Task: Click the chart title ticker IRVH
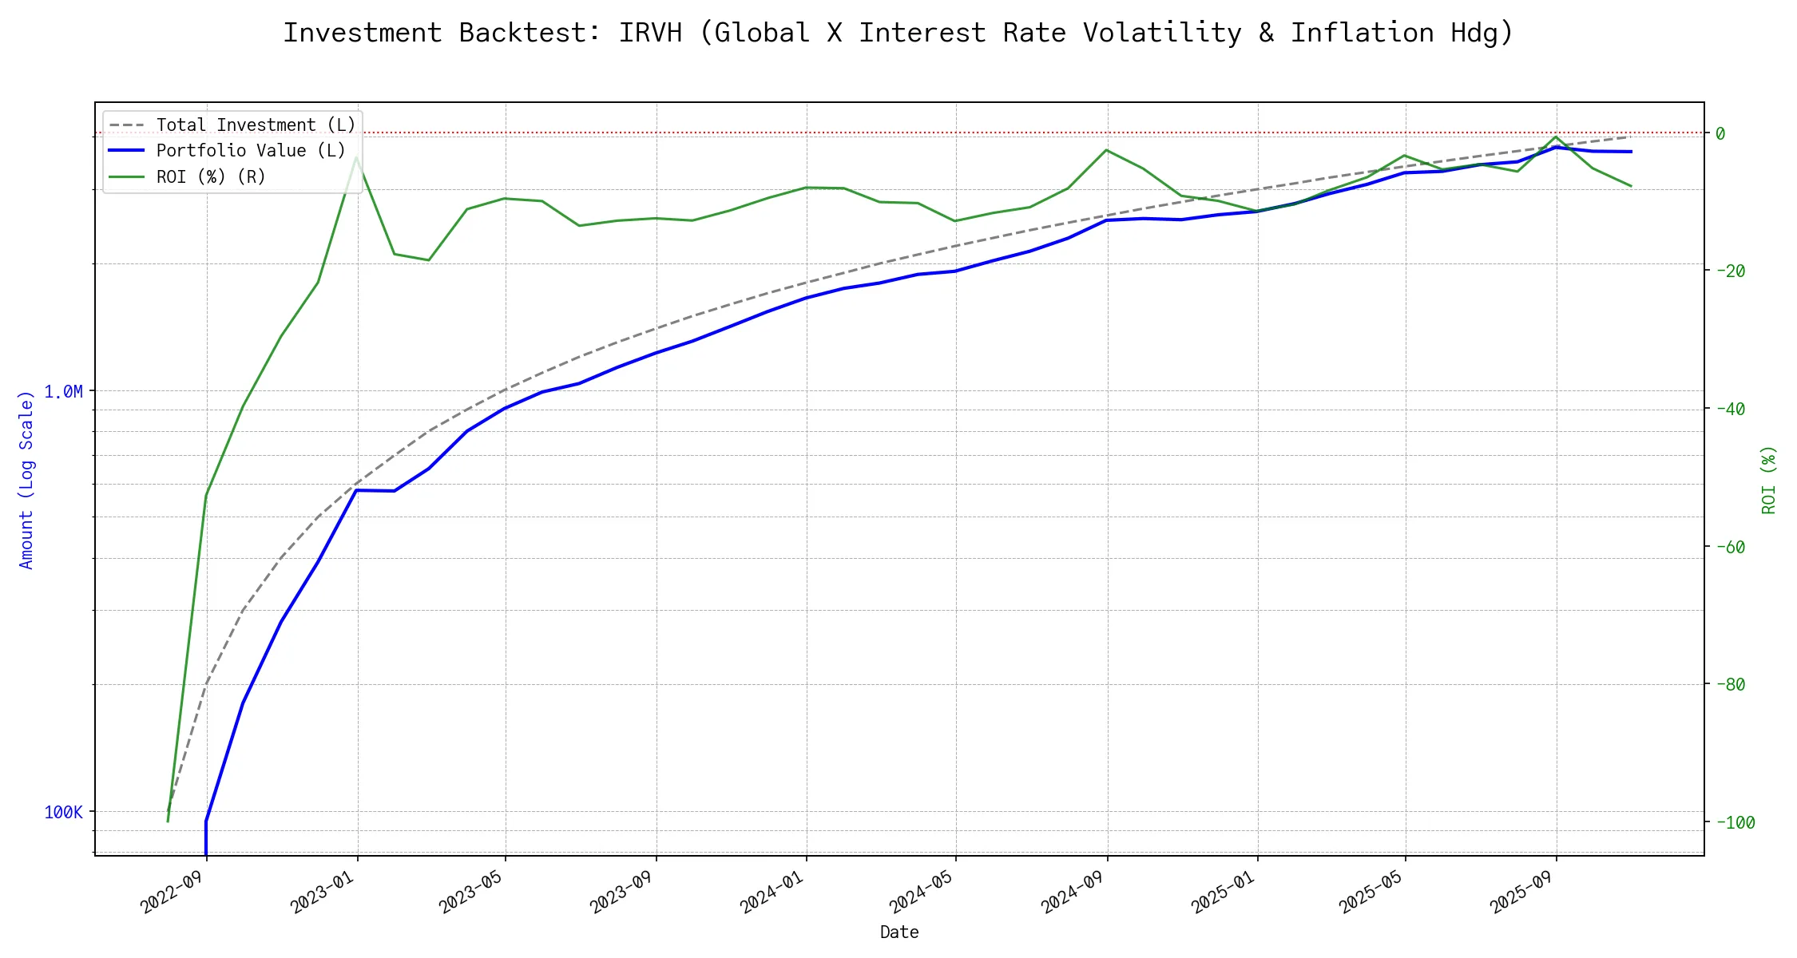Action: click(650, 33)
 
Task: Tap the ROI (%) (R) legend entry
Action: click(211, 176)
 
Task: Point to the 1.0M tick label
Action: click(63, 391)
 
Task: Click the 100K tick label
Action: click(63, 812)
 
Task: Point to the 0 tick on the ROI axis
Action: click(1720, 133)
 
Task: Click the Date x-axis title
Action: click(899, 932)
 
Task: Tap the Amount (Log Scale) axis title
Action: click(26, 479)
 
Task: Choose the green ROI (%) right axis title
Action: click(1768, 479)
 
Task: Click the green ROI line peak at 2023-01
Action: click(356, 156)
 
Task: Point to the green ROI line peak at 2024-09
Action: click(1106, 150)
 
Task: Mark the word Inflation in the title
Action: click(1362, 33)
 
